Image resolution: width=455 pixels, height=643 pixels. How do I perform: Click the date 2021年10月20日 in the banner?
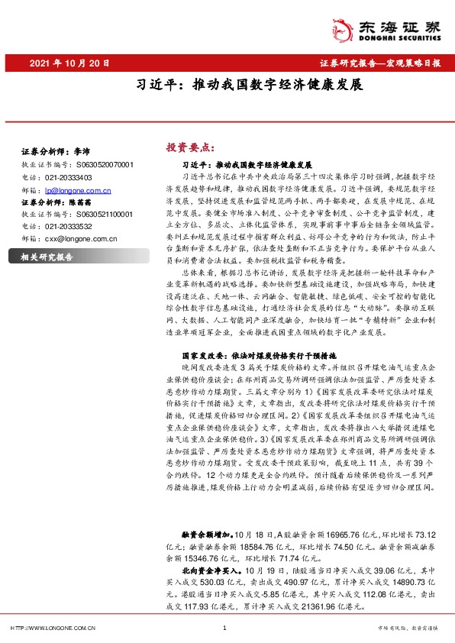click(x=68, y=63)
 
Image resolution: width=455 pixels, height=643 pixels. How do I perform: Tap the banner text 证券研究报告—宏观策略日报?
click(x=379, y=63)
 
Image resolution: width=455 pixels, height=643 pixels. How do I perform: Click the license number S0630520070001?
click(x=105, y=164)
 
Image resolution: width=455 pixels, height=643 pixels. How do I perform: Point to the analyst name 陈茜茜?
click(x=83, y=202)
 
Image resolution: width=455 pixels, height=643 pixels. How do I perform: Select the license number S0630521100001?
click(x=105, y=215)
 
